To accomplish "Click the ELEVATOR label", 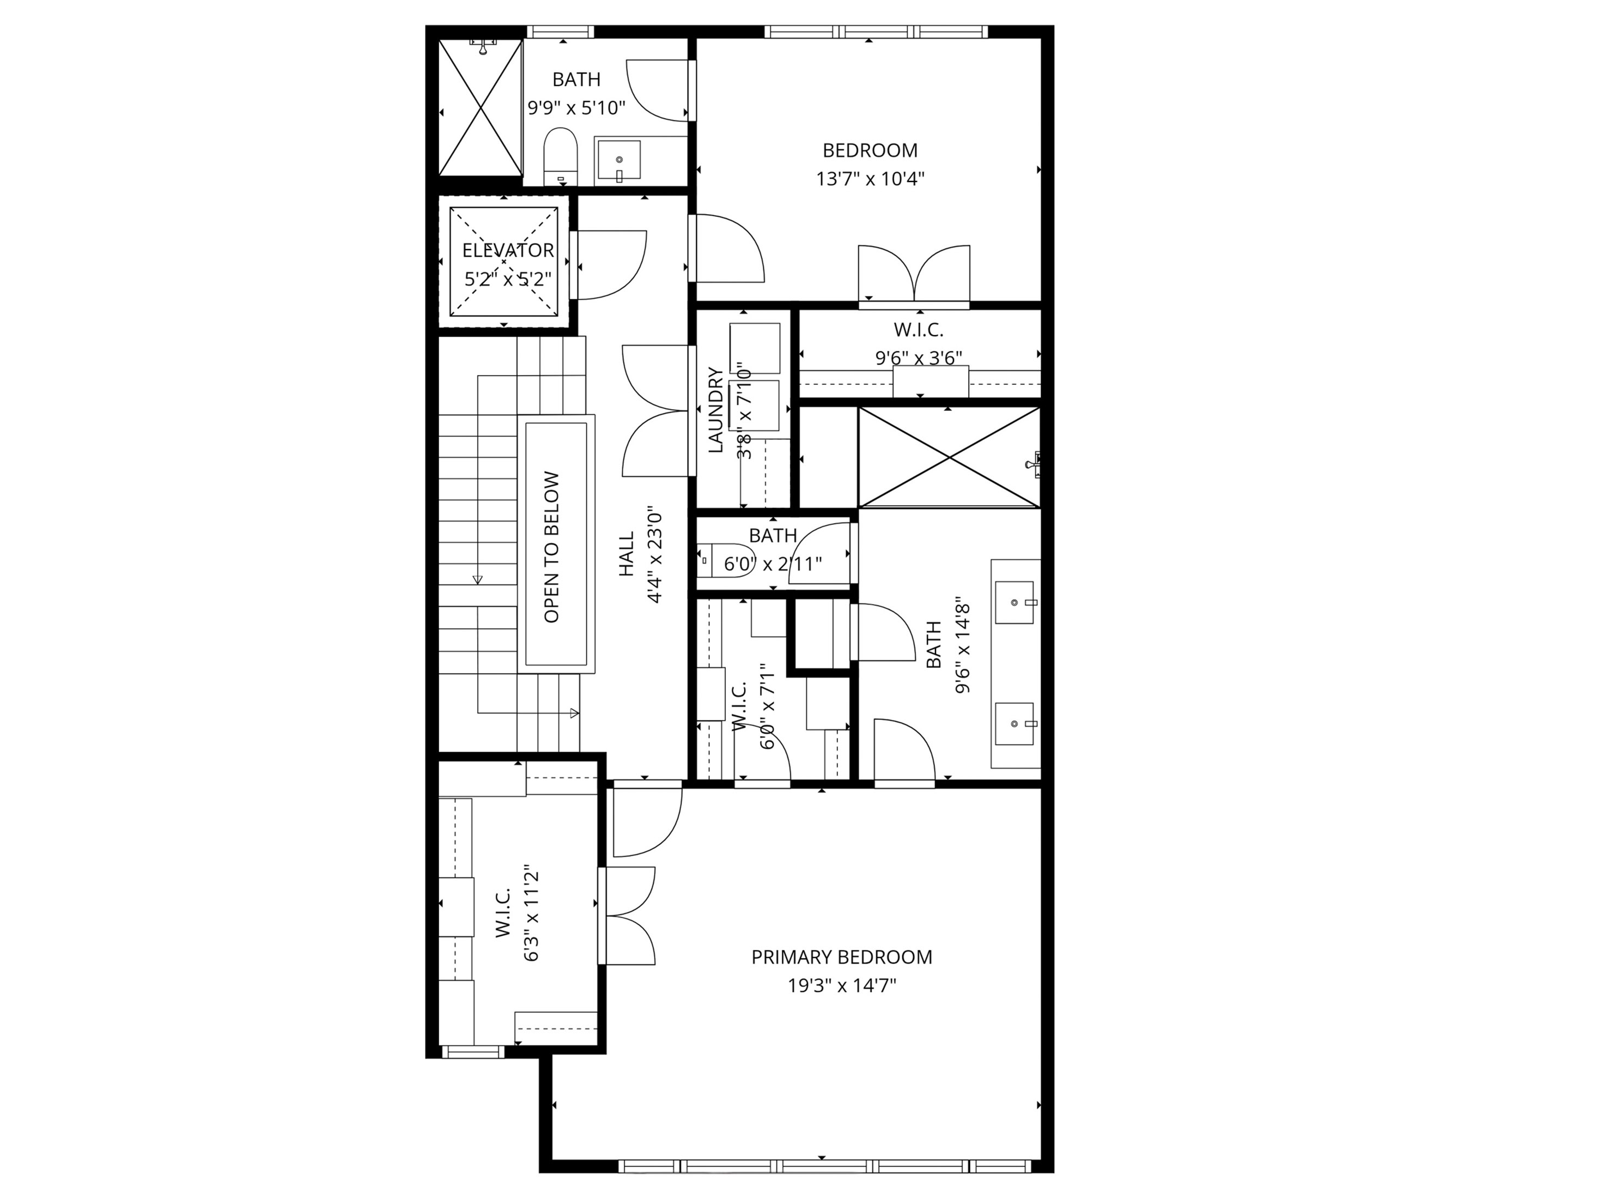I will tap(508, 251).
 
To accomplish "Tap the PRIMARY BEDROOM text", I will tap(842, 958).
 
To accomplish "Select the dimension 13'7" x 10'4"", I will tap(870, 179).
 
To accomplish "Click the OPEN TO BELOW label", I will tap(552, 547).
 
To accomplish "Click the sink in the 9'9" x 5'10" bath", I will tap(619, 160).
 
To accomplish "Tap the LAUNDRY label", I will tap(716, 410).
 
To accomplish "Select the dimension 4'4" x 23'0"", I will tap(654, 554).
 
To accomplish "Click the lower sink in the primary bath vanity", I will tap(1015, 723).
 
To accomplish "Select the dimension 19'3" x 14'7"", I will tap(842, 986).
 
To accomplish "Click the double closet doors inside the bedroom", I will tap(914, 273).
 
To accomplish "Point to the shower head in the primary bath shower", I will tap(1035, 463).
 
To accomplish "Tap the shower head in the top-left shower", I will tap(484, 46).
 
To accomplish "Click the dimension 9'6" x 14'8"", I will tap(962, 645).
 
